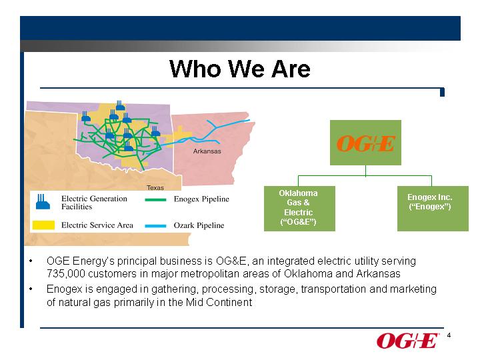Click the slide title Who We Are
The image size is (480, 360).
coord(240,69)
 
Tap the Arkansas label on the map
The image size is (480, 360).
coord(207,151)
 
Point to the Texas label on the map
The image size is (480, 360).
coord(155,187)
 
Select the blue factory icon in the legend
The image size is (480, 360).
coord(43,202)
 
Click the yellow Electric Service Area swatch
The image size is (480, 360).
coord(43,225)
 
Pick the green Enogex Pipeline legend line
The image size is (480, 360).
coord(155,199)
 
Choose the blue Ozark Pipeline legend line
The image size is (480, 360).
coord(155,226)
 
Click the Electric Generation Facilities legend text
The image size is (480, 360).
coord(94,203)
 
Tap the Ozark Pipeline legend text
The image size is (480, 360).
coord(199,225)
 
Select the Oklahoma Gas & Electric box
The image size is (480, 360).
coord(299,209)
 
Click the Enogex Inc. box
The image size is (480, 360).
coord(433,209)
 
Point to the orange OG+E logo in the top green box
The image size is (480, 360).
coord(366,143)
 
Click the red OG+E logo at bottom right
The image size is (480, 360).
coord(408,341)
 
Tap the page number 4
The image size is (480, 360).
coord(449,335)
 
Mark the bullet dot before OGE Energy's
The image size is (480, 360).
coord(31,261)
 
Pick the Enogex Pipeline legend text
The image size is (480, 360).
coord(201,199)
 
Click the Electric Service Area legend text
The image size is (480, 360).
coord(97,225)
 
